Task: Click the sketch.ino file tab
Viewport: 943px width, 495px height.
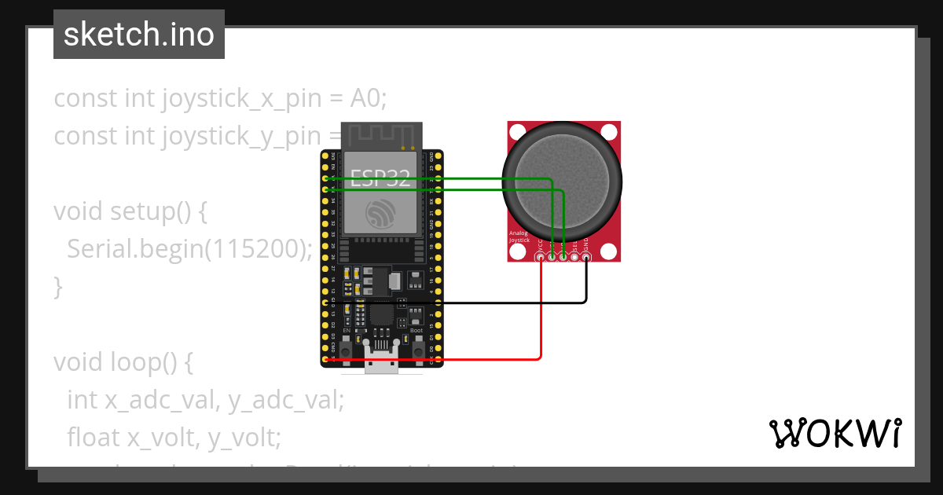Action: [x=138, y=35]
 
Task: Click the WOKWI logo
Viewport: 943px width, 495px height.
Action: [x=835, y=433]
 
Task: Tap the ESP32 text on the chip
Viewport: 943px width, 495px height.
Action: [x=381, y=178]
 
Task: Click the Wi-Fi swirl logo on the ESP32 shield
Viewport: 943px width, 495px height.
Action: [x=381, y=212]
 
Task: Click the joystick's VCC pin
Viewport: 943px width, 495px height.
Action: [x=540, y=256]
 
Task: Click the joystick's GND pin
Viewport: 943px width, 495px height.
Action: [x=585, y=256]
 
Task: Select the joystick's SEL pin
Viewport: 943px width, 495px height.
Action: [x=574, y=256]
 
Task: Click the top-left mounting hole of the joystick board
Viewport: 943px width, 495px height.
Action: [x=517, y=131]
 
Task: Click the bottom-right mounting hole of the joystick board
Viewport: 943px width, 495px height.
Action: [x=609, y=251]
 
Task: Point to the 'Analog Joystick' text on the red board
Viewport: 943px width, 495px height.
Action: [x=520, y=236]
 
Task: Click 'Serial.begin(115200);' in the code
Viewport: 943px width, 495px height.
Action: [x=189, y=249]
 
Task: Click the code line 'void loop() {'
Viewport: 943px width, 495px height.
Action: [x=123, y=362]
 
